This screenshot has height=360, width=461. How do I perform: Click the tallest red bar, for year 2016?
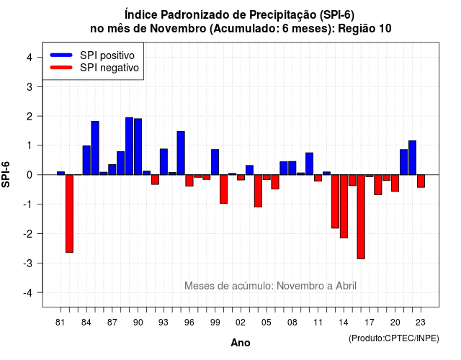(361, 217)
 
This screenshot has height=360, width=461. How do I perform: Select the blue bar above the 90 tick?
(138, 147)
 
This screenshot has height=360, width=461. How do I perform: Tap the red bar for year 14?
(344, 207)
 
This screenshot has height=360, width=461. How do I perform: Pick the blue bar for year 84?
(86, 160)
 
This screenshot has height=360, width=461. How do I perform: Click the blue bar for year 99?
(215, 162)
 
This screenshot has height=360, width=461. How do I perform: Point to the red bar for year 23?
(421, 181)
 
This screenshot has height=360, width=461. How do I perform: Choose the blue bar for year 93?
(164, 161)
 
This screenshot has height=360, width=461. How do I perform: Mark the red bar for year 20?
(395, 183)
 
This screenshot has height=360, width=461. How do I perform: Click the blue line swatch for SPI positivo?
(61, 55)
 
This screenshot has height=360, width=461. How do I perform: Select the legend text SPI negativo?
(109, 68)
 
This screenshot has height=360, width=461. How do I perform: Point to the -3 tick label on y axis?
(29, 263)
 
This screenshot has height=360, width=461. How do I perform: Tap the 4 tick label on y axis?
(30, 57)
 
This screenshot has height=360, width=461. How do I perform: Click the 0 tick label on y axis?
(30, 175)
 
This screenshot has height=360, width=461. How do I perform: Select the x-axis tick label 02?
(241, 323)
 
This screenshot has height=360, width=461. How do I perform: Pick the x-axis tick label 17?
(370, 323)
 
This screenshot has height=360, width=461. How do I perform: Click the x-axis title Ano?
(241, 343)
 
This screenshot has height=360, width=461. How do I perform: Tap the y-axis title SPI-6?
(6, 174)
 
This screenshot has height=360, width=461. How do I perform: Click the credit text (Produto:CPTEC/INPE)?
(394, 338)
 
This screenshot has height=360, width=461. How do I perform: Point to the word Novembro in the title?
(178, 29)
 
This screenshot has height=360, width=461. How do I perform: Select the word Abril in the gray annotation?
(346, 286)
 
